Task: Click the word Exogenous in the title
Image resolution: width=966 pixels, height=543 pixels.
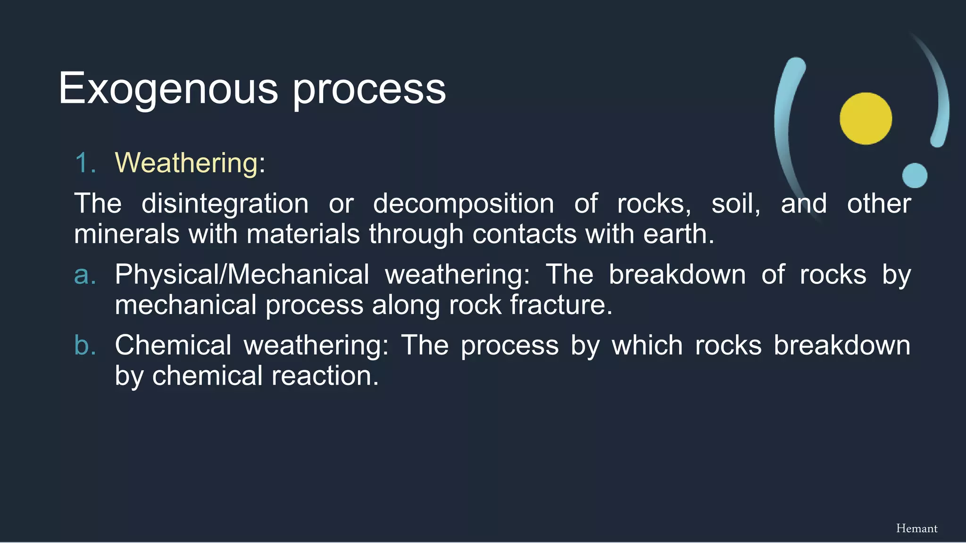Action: coord(168,89)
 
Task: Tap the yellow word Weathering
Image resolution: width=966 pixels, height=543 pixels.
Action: coord(186,163)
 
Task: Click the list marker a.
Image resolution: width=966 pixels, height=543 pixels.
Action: coord(85,275)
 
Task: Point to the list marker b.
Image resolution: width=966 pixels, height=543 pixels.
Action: coord(85,345)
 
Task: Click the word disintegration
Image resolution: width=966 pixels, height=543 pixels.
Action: coord(225,204)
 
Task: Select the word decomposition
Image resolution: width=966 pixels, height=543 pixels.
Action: coord(463,204)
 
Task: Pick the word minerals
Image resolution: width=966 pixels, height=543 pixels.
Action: coord(127,234)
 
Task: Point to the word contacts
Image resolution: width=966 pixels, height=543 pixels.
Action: coord(524,234)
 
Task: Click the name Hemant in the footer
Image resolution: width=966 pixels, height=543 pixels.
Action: coord(916,528)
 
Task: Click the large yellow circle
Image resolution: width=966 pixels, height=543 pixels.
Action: coord(866,118)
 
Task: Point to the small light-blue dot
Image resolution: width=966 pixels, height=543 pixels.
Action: coord(915,175)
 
